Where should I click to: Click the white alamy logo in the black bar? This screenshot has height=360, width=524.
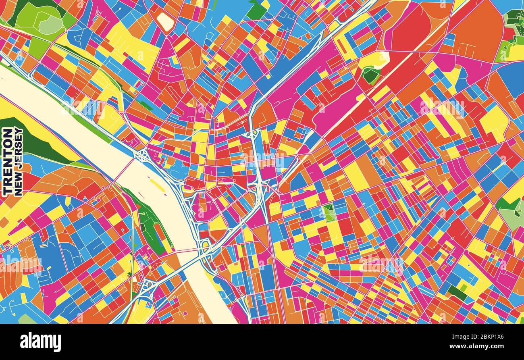click(40, 341)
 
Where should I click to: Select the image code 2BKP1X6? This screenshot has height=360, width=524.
click(484, 337)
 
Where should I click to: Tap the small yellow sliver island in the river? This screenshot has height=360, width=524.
click(157, 185)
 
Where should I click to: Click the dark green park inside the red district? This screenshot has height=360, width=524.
click(370, 75)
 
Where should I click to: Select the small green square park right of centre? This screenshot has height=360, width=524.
click(329, 212)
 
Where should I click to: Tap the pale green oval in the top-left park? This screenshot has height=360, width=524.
click(50, 25)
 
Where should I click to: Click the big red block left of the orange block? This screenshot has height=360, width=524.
click(407, 32)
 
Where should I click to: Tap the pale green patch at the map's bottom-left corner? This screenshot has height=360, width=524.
click(26, 319)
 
